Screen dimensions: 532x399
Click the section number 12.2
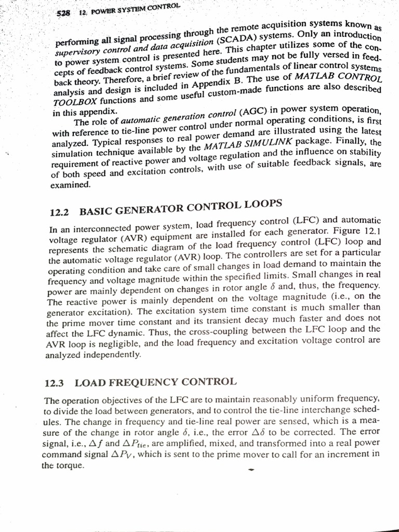tap(59, 212)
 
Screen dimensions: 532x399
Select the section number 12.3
tap(55, 383)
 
